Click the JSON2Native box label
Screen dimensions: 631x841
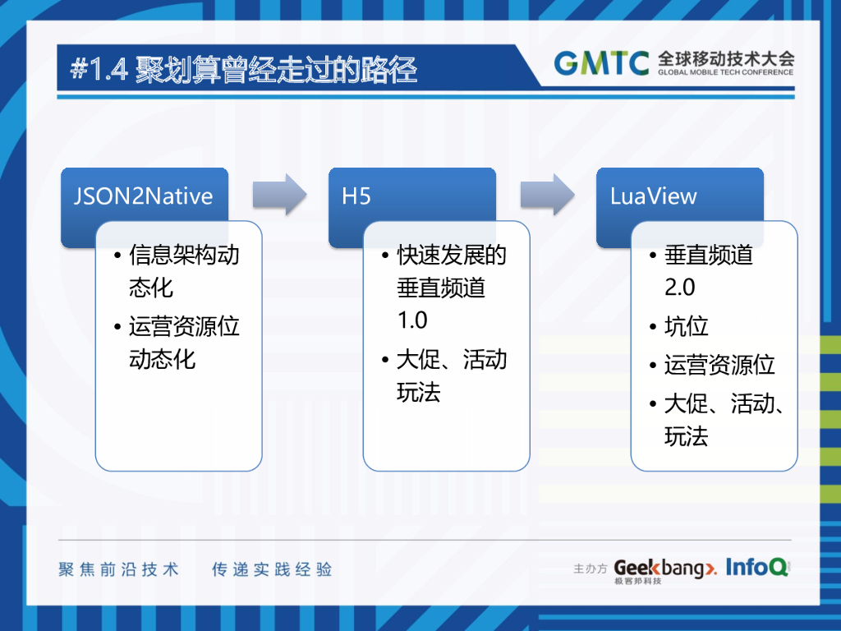[143, 196]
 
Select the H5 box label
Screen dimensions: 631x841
[356, 196]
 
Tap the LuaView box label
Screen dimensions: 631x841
[653, 196]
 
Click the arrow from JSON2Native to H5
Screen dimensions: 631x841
[279, 195]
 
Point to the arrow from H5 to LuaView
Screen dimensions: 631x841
[547, 195]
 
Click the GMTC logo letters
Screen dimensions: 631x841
[602, 62]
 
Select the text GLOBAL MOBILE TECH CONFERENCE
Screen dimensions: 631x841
[725, 72]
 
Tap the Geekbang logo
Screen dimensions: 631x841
[665, 569]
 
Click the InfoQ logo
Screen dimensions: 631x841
[757, 566]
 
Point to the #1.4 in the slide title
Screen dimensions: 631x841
[99, 70]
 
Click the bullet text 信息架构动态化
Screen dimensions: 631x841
[184, 270]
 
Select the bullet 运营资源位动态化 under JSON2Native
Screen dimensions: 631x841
[184, 343]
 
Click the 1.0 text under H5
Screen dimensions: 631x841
[412, 320]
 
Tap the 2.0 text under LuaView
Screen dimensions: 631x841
[680, 288]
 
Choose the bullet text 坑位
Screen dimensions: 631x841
[686, 326]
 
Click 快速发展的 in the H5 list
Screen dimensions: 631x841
[452, 255]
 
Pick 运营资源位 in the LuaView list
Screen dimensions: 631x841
[719, 365]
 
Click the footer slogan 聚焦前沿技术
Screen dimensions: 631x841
[118, 569]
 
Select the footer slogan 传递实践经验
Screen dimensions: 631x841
[272, 569]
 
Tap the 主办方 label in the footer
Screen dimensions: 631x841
[590, 569]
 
